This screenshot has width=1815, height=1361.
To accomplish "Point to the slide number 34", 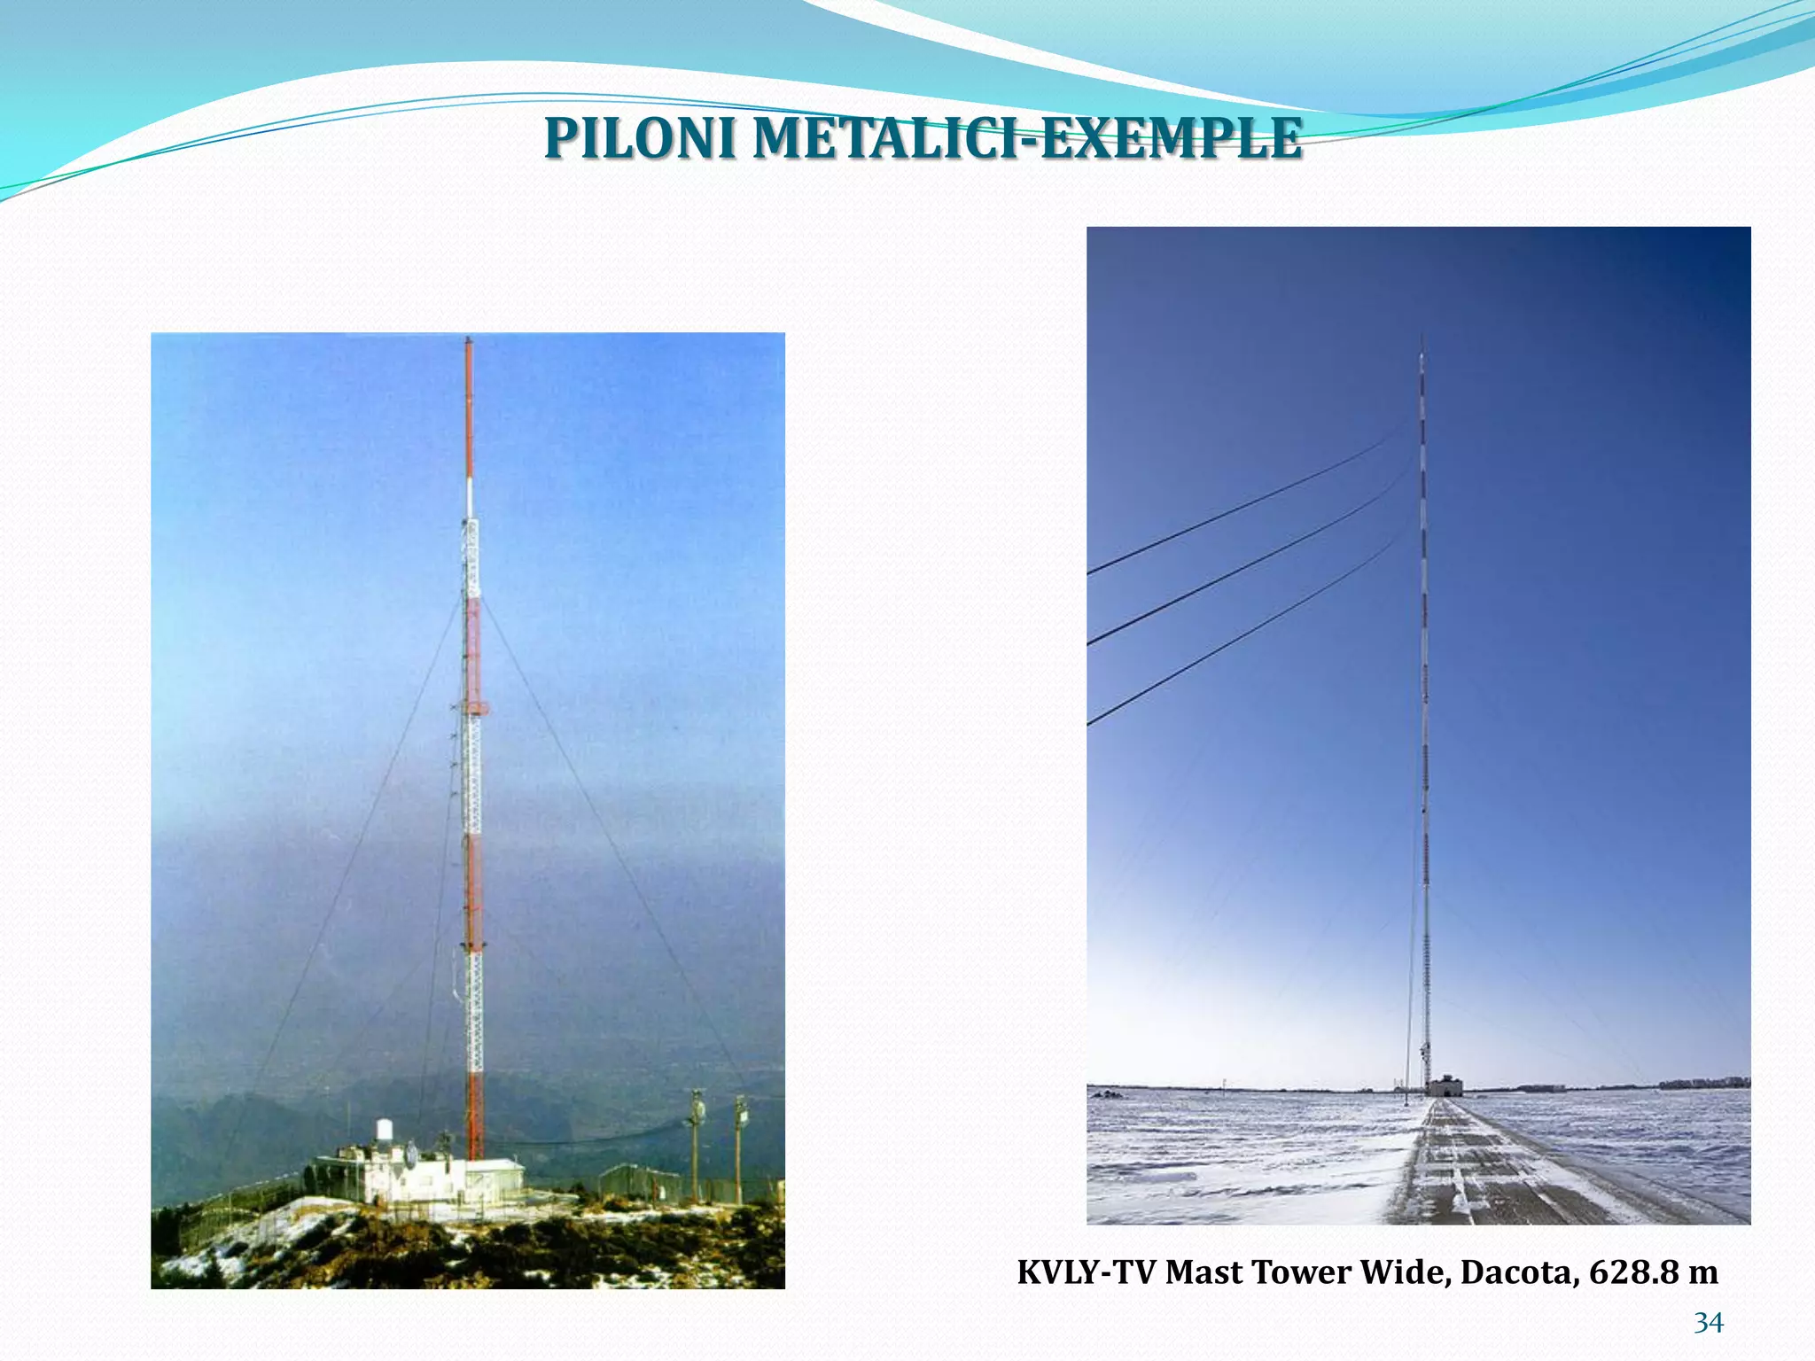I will click(x=1709, y=1323).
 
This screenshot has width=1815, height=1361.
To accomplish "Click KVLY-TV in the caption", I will click(x=1087, y=1272).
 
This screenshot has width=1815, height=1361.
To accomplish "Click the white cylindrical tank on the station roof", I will click(x=385, y=1131).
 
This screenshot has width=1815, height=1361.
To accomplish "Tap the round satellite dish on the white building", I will click(x=410, y=1155).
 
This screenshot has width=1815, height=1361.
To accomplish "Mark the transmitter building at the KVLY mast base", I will click(x=1444, y=1086).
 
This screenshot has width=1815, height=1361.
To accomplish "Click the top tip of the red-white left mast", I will click(x=469, y=339).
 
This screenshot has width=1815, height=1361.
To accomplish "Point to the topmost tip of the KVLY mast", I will click(x=1422, y=337).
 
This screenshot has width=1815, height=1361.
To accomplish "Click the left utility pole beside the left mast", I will click(x=697, y=1143).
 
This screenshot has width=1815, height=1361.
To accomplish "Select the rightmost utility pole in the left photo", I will click(x=739, y=1143).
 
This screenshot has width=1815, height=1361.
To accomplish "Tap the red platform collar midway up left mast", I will click(x=476, y=708).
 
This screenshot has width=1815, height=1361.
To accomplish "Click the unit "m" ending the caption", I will click(x=1703, y=1272).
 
